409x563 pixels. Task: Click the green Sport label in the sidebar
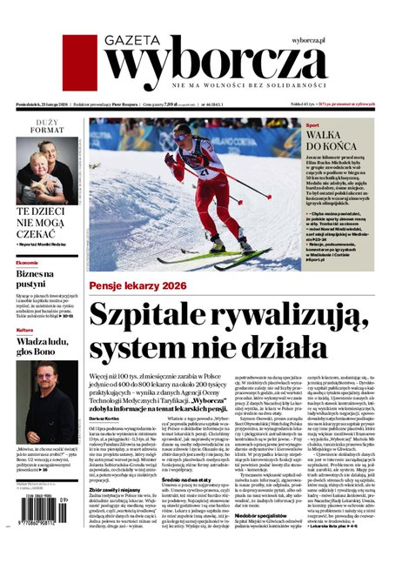pyautogui.click(x=314, y=126)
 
